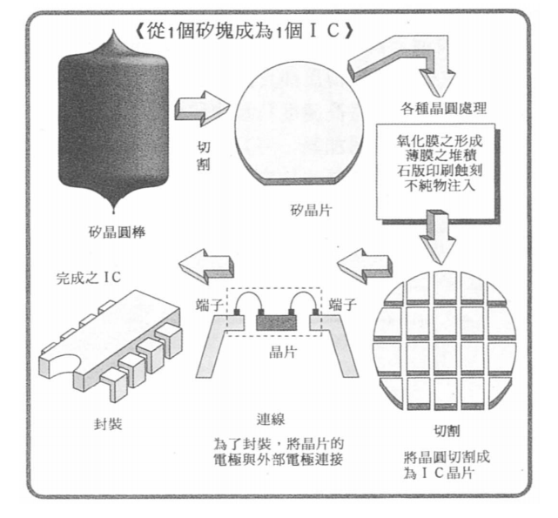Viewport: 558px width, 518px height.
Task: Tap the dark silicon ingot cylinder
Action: click(113, 127)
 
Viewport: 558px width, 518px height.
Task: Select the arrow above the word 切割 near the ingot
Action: click(201, 110)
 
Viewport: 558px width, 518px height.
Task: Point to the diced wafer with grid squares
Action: click(442, 340)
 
